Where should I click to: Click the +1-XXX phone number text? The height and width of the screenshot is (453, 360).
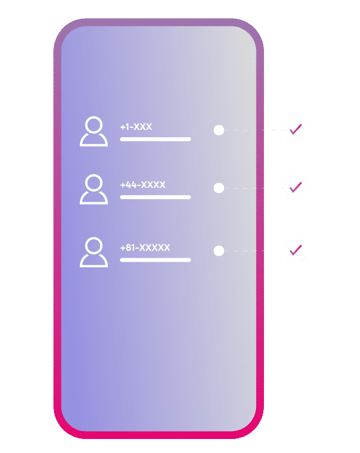tap(136, 127)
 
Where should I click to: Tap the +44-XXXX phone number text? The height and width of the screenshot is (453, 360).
tap(143, 185)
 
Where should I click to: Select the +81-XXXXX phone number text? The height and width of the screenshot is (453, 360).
tap(145, 248)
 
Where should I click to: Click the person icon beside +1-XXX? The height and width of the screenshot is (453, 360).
tap(94, 131)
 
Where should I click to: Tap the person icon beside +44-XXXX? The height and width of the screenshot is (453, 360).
tap(94, 189)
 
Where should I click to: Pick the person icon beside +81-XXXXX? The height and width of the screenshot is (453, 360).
tap(94, 252)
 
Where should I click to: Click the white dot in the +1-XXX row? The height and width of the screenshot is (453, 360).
tap(219, 130)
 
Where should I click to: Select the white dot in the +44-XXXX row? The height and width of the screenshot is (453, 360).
tap(219, 188)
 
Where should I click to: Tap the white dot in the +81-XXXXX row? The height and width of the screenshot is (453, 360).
tap(219, 250)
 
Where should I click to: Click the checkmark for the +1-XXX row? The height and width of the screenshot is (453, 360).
tap(295, 129)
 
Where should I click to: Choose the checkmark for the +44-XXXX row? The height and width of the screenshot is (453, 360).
tap(295, 187)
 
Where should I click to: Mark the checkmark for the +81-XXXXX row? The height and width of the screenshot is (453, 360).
tap(295, 250)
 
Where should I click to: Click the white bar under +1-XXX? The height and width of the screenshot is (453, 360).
tap(155, 139)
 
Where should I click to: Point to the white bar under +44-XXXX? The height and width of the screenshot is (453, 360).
tap(155, 197)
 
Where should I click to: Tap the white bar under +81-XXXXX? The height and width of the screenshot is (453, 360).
tap(155, 260)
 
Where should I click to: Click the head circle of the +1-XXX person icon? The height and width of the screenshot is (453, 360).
tap(94, 116)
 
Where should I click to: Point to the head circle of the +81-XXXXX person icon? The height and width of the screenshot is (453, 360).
tap(94, 237)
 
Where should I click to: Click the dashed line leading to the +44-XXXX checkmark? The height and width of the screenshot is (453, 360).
tap(255, 188)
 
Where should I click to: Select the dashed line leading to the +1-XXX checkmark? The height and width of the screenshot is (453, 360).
tap(255, 131)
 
